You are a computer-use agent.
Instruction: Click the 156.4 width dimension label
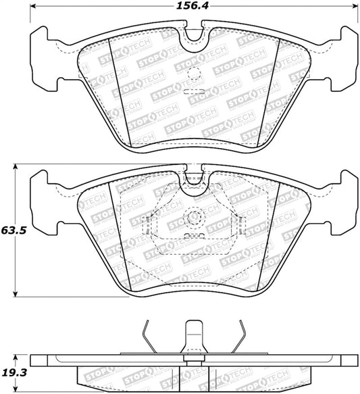(192, 6)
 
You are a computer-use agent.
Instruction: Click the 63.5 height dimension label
(14, 230)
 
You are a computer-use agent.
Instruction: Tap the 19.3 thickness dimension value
(14, 372)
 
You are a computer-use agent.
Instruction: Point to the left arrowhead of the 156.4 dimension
(32, 6)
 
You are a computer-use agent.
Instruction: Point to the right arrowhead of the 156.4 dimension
(355, 6)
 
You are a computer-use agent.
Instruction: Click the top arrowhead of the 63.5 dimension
(16, 167)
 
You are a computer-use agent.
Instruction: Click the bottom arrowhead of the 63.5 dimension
(16, 294)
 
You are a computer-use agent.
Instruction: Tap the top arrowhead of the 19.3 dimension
(16, 358)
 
